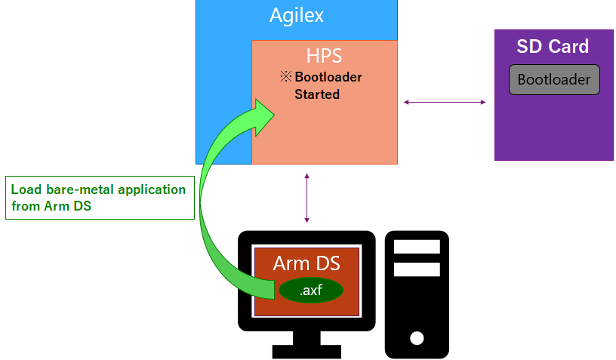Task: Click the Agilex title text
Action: [296, 15]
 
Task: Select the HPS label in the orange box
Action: [324, 56]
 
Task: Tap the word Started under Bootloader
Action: [316, 94]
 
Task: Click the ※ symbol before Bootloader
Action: [285, 77]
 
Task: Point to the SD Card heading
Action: [553, 47]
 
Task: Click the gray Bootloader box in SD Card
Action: [554, 79]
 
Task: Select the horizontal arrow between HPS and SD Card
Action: [445, 102]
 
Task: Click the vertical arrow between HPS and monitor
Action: [306, 198]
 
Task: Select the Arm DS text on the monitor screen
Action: [306, 263]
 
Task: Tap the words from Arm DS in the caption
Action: [51, 206]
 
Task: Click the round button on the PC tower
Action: [416, 337]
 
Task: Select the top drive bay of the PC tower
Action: [417, 247]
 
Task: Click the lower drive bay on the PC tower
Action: [417, 269]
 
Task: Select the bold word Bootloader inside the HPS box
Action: [328, 77]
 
